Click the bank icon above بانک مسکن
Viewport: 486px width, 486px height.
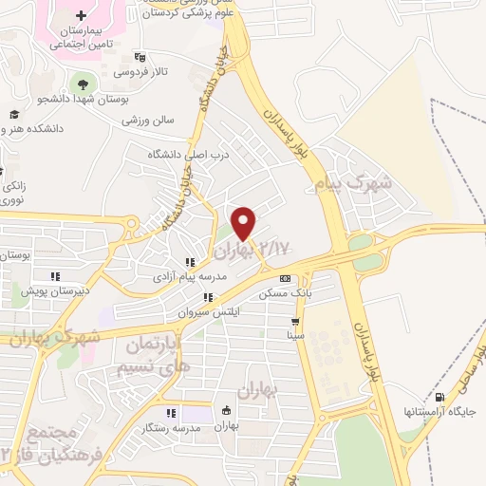click(286, 278)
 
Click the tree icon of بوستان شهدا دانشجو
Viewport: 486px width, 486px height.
click(80, 83)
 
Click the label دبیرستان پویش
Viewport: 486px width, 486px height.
click(56, 291)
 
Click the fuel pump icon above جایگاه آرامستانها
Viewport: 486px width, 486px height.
click(439, 397)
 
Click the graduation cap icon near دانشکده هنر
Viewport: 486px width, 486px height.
click(13, 114)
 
